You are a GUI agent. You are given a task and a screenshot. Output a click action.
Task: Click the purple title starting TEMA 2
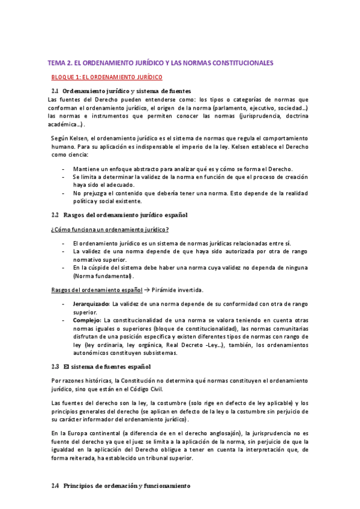point(160,62)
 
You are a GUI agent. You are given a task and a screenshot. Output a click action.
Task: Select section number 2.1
point(55,91)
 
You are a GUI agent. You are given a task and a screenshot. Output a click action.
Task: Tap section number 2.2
point(55,214)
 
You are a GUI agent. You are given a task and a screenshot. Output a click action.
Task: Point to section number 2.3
point(55,366)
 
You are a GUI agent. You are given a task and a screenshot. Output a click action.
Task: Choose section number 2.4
point(55,486)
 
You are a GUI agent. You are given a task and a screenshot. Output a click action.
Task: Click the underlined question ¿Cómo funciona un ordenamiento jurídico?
point(110,230)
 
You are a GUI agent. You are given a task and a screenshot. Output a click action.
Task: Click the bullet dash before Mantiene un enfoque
point(64,169)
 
